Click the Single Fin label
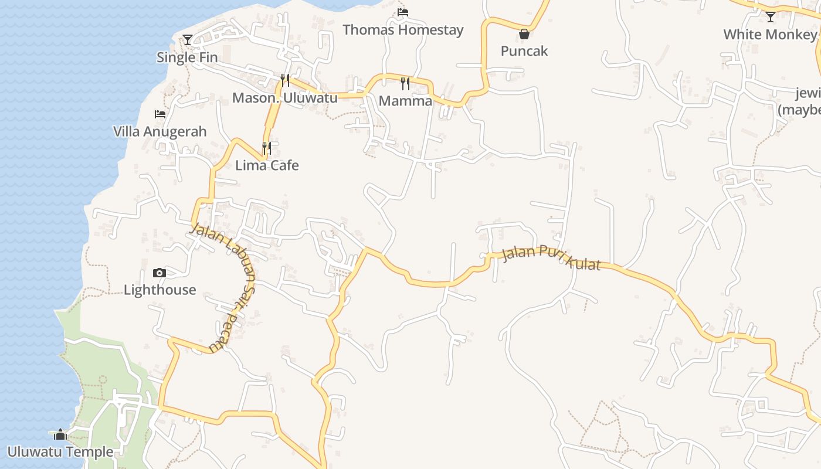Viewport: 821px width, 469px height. tap(187, 57)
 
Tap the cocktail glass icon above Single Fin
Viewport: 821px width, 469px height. tap(188, 40)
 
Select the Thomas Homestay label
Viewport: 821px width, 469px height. tap(403, 30)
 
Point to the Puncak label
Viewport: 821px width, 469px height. tap(524, 51)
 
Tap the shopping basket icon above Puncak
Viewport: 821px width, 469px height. tap(524, 34)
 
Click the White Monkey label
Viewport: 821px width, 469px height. tap(770, 35)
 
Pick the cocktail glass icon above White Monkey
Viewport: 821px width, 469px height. tap(771, 16)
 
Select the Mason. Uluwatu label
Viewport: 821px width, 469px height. tap(285, 97)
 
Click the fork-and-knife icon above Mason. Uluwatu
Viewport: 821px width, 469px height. tap(285, 80)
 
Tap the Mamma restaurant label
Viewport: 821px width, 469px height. tap(405, 101)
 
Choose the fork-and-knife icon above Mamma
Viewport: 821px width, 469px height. tap(405, 83)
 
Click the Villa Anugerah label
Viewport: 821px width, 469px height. tap(160, 131)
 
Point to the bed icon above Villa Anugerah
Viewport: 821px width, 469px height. tap(160, 114)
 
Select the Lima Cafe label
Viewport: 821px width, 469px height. tap(267, 165)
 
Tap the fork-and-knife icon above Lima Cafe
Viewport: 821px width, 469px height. tap(267, 148)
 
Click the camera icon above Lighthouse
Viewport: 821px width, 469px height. tap(160, 273)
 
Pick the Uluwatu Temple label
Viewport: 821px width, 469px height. tap(60, 452)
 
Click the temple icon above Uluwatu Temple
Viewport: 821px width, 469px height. tap(60, 434)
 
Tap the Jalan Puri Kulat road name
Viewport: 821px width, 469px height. tap(551, 259)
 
